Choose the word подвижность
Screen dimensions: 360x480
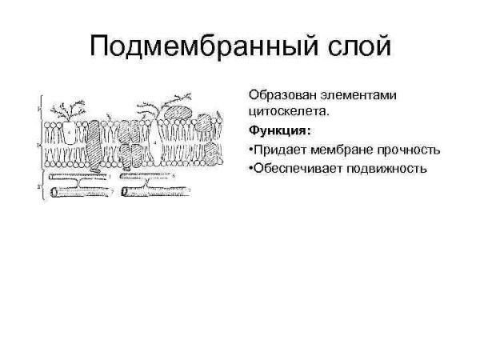[386, 168]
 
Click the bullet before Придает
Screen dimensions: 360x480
[250, 150]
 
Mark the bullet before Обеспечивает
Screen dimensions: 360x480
[250, 168]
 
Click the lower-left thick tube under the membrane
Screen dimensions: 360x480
[80, 192]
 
